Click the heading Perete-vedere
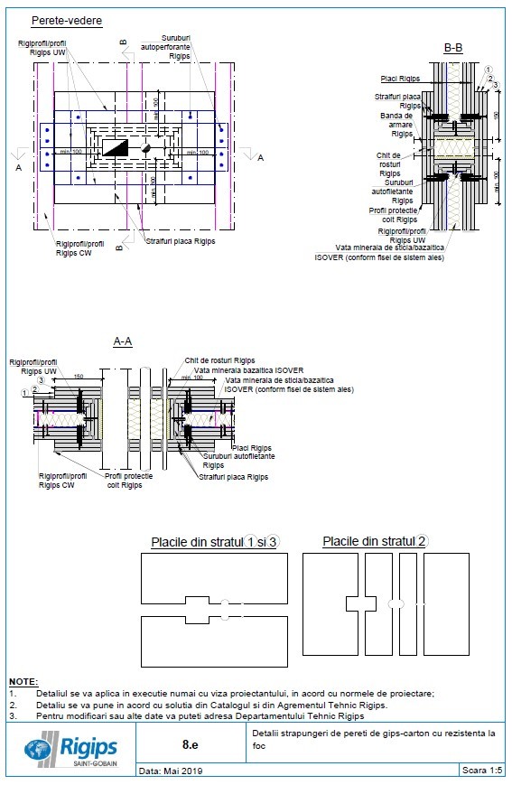[x=66, y=20]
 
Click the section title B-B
[x=453, y=47]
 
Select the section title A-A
[x=123, y=341]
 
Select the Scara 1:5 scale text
[x=482, y=771]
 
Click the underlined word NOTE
[x=23, y=680]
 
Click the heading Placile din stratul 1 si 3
[x=214, y=541]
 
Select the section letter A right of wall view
[x=260, y=158]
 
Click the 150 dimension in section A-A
[x=79, y=376]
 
